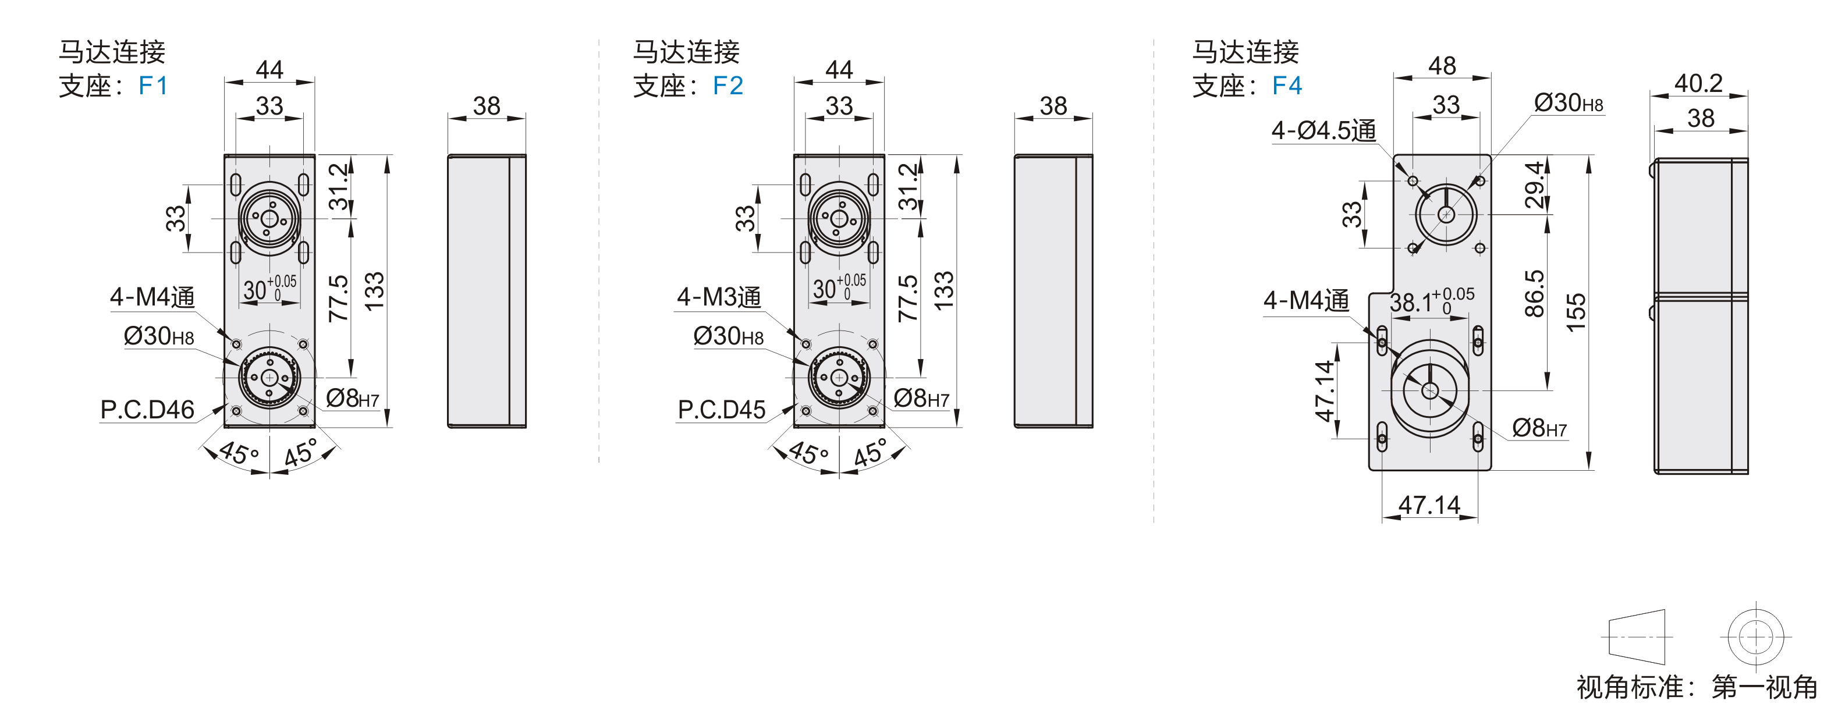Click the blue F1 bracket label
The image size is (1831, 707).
pyautogui.click(x=153, y=86)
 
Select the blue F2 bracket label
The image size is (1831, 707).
pyautogui.click(x=728, y=86)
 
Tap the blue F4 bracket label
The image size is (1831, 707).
pyautogui.click(x=1287, y=86)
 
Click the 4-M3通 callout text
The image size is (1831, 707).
pyautogui.click(x=719, y=297)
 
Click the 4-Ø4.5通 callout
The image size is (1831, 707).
pyautogui.click(x=1323, y=131)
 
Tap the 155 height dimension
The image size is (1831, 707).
pyautogui.click(x=1576, y=312)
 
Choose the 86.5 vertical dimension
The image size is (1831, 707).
pyautogui.click(x=1535, y=293)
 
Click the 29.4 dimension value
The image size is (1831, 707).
pyautogui.click(x=1535, y=184)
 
